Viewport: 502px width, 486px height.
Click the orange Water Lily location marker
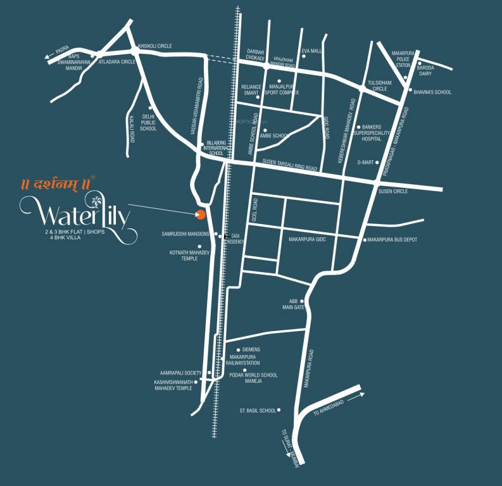(x=201, y=215)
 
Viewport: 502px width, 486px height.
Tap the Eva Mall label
(x=312, y=50)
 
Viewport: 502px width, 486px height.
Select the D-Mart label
(x=365, y=163)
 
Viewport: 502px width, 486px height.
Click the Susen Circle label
(x=393, y=191)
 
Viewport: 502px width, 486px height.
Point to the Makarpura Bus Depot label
(x=392, y=240)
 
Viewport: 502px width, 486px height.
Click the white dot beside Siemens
(x=238, y=349)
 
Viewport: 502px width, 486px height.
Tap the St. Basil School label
(x=258, y=410)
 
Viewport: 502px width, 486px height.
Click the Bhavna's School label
(x=432, y=92)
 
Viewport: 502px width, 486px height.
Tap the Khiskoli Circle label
(x=155, y=46)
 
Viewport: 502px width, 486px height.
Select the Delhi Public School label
(x=148, y=123)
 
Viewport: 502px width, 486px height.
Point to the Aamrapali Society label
(x=180, y=373)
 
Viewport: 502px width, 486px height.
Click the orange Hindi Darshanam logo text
(x=54, y=184)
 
